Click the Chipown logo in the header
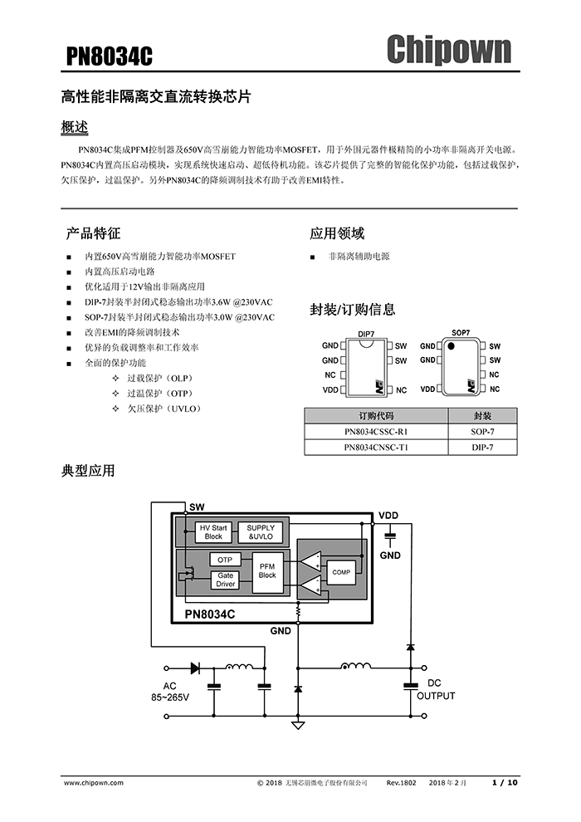448,50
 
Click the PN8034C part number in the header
110,56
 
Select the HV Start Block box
213,532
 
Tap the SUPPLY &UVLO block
261,532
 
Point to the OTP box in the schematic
225,560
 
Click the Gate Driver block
225,580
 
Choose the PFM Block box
266,570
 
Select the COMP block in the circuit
341,572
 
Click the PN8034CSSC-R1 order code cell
376,432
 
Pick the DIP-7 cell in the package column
482,448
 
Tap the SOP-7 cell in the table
482,432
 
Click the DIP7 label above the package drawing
366,334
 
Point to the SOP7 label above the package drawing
461,333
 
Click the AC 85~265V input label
170,692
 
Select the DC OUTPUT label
435,689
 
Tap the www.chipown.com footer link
94,782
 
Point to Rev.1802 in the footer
402,782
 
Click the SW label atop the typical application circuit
197,506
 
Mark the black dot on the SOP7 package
452,345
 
